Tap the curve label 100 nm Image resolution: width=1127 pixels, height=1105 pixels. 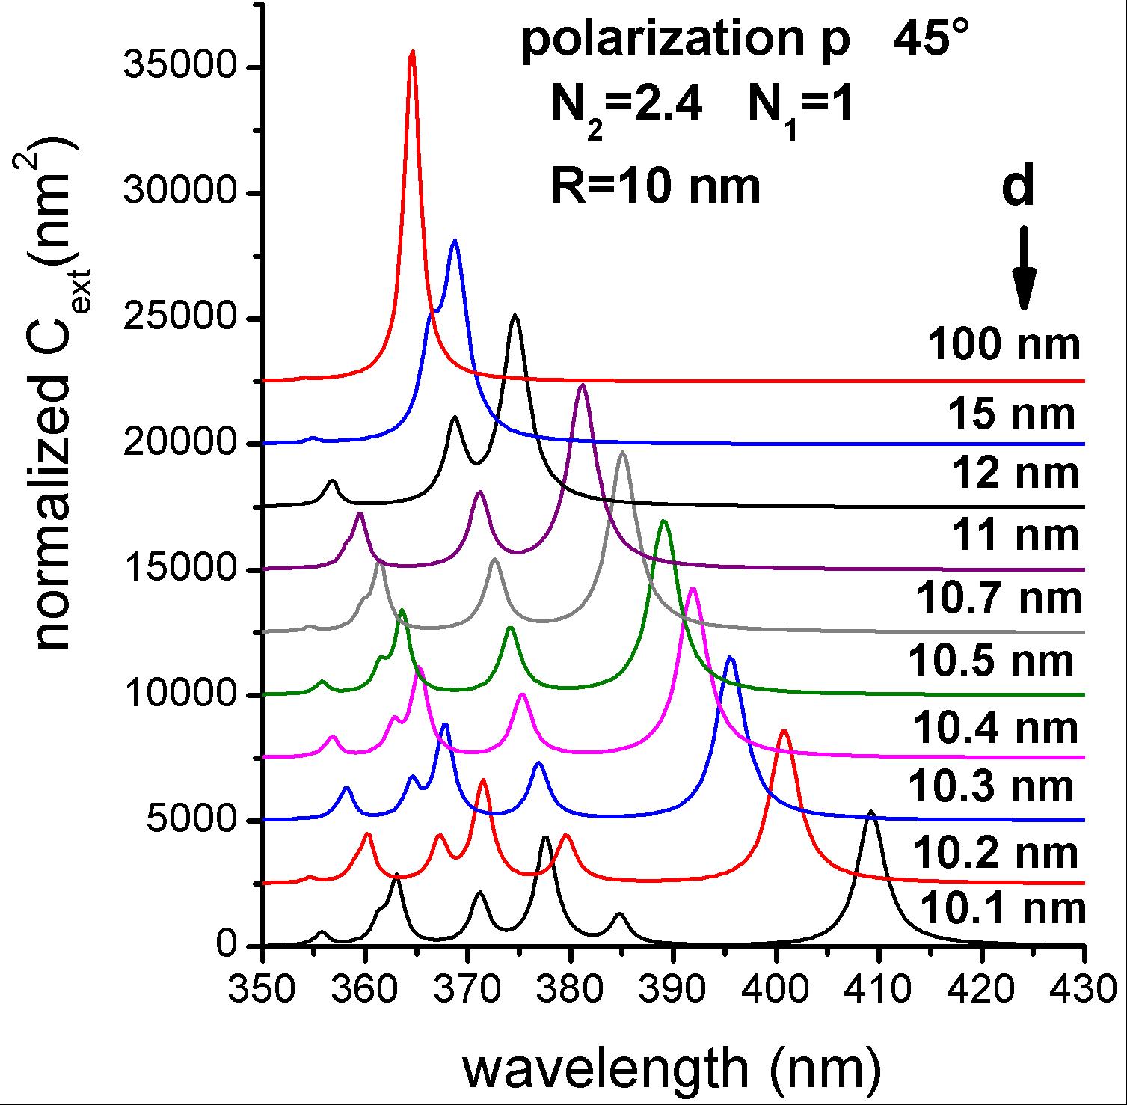click(1004, 346)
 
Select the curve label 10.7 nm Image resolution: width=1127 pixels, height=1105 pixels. click(998, 599)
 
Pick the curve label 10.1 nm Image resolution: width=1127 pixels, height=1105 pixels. click(1003, 909)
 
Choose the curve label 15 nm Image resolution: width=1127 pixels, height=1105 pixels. click(1012, 414)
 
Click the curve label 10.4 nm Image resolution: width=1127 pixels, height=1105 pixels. click(995, 727)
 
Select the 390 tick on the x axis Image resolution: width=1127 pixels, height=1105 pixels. click(674, 946)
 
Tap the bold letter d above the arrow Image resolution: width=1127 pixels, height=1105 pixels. click(1018, 187)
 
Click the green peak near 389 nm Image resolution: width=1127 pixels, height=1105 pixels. click(664, 522)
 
